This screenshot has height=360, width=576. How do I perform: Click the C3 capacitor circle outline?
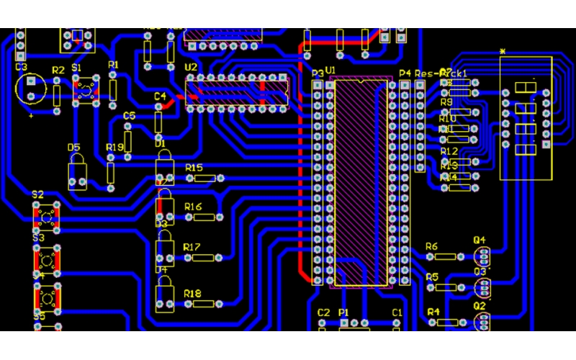coord(30,89)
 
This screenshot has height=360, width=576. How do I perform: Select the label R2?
coord(58,70)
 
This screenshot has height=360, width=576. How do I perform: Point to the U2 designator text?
coord(191,68)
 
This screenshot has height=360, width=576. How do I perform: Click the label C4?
coord(160,96)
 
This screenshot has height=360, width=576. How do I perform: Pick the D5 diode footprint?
coord(78,172)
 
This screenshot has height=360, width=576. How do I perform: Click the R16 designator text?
coord(193,207)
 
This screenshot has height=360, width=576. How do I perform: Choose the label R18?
coord(192,294)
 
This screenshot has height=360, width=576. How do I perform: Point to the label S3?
coord(38,238)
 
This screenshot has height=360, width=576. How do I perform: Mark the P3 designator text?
coord(318,73)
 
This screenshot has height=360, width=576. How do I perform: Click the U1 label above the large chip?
coord(330,70)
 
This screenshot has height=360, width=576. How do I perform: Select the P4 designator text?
coord(405,73)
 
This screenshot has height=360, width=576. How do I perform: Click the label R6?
coord(431,247)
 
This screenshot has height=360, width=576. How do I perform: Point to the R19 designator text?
coord(114,147)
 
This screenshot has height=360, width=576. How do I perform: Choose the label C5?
coord(129,116)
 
